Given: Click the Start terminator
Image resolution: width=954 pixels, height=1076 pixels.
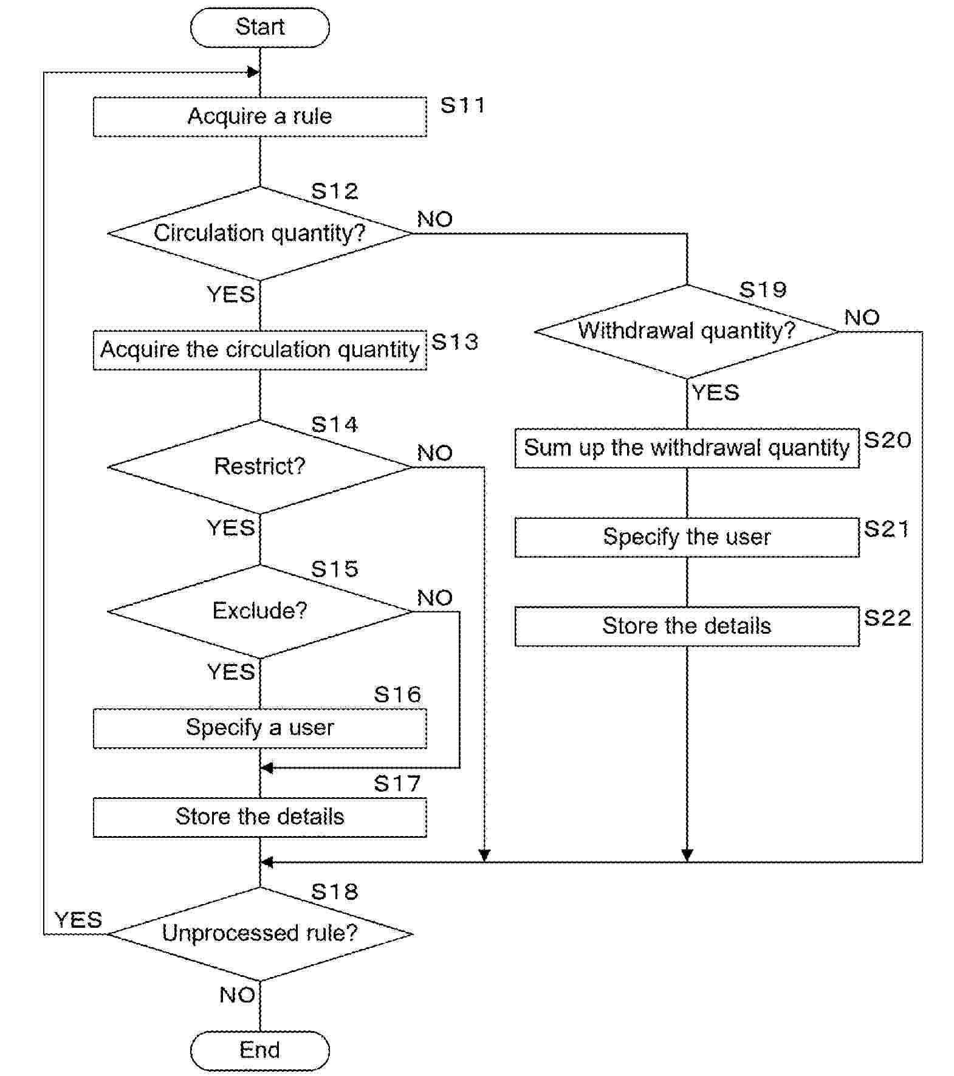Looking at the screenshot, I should coord(259,27).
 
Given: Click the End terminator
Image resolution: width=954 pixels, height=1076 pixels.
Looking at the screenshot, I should coord(259,1050).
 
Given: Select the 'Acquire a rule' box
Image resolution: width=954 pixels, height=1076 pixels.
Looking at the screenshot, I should coord(259,116).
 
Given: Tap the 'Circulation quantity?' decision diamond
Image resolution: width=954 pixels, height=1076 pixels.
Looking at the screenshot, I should coord(259,233).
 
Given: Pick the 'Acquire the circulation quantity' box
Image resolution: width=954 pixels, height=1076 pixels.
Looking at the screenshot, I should coord(259,350).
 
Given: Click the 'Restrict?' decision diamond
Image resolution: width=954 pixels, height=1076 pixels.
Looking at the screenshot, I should coord(259,467).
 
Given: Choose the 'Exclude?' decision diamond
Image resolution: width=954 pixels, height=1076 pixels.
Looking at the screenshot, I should coord(259,611).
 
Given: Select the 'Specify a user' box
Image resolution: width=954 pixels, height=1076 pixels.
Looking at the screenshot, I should coord(259,728).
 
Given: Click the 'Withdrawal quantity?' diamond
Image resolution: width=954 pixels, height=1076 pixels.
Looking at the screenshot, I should coord(687,331).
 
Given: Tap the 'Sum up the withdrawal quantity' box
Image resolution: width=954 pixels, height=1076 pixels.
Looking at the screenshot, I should coord(687,448).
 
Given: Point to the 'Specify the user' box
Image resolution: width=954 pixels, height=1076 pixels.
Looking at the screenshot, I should coord(687,537).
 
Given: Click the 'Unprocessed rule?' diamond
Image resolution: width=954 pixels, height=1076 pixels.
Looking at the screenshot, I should coord(259,933).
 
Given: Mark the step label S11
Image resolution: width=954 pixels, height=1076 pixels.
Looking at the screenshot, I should coord(462,106).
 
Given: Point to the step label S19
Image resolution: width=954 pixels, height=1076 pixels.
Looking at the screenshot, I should coord(763,290).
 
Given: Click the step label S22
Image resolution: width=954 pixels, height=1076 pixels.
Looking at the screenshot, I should coord(887,619).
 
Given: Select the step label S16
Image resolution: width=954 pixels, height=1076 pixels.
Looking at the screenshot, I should coord(397,694).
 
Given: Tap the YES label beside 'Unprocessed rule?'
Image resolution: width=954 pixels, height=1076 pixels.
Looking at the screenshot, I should coord(78,920).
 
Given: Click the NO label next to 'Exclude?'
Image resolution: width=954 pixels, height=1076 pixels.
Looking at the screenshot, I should coord(434,598).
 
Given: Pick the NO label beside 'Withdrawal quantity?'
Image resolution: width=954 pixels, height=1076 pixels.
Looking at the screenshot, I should coord(862,317).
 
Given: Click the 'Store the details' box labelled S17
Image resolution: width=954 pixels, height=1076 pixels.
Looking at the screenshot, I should coord(259,817).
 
